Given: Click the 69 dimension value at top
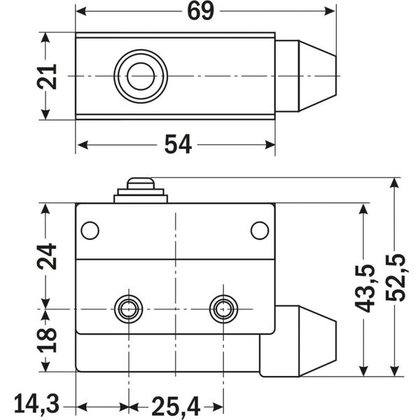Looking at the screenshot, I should pyautogui.click(x=200, y=12).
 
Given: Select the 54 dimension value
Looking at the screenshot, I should pyautogui.click(x=178, y=144).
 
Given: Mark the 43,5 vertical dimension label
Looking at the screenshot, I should pyautogui.click(x=365, y=288).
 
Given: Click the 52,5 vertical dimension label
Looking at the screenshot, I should pyautogui.click(x=395, y=276).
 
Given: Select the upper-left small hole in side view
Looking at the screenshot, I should pyautogui.click(x=90, y=230).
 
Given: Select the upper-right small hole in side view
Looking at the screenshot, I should pyautogui.click(x=260, y=230).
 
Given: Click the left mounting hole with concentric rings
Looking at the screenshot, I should pyautogui.click(x=128, y=308).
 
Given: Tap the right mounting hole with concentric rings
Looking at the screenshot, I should pyautogui.click(x=223, y=308).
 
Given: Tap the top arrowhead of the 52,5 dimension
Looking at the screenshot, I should pyautogui.click(x=395, y=183).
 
